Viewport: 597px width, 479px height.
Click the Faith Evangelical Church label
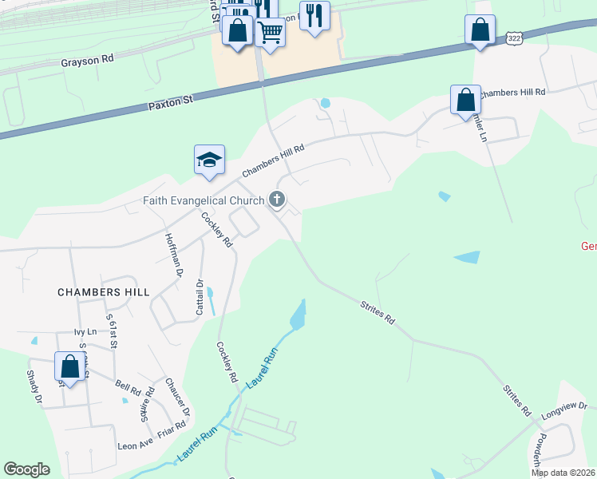204,200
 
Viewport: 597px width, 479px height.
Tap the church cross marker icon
278,199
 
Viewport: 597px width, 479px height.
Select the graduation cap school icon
209,159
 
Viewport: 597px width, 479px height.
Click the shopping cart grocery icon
271,32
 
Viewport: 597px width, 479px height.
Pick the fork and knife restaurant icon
314,15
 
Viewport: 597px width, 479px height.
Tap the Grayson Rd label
88,60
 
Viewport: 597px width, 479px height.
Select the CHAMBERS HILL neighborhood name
104,292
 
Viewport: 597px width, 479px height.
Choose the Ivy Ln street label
85,331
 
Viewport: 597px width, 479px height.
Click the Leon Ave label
134,445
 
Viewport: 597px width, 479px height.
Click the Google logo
27,469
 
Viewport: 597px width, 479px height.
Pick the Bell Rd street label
128,387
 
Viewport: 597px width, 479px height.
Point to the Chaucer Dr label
177,395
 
